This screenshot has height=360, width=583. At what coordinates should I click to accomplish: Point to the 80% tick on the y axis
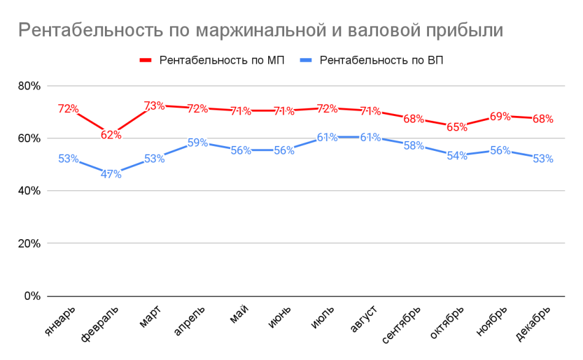28,86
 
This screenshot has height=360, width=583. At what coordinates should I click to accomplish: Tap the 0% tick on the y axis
31,296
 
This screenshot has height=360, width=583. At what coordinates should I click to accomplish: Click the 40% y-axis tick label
28,191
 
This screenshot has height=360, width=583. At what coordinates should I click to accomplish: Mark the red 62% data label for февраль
111,135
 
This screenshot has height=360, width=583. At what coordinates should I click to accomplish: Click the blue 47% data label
111,174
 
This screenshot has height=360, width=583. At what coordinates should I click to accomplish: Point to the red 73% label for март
154,105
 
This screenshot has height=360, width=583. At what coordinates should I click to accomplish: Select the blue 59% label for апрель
198,142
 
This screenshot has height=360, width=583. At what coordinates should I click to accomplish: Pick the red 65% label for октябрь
457,127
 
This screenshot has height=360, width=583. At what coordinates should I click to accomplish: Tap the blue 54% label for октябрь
457,156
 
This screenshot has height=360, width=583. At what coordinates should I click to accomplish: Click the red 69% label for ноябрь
500,116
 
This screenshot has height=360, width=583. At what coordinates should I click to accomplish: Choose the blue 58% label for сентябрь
414,145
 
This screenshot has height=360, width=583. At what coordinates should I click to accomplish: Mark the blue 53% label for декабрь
543,159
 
